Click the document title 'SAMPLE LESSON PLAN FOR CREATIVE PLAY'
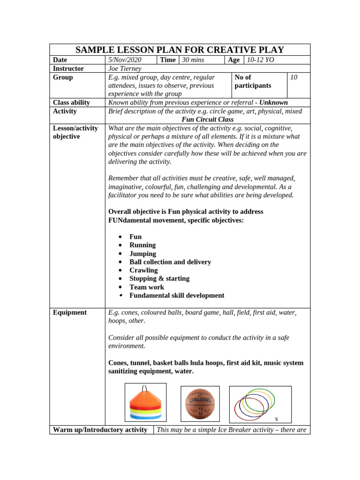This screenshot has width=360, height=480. pos(180,50)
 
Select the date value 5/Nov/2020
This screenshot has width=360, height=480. pos(124,60)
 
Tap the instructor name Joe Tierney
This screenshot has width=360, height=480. pos(125,68)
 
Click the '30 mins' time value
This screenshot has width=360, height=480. pos(193,60)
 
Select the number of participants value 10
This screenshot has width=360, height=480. pos(294,77)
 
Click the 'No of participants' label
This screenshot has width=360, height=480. pos(253,82)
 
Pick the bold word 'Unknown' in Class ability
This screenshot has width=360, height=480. pos(274,103)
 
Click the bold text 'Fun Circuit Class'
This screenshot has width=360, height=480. pos(207,120)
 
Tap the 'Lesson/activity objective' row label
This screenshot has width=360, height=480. pos(75,132)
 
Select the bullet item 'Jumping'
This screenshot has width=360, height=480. pos(142,254)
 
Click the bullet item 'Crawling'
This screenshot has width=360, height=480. pos(143,270)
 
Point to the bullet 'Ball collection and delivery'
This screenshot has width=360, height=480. pos(170,262)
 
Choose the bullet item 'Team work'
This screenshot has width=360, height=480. pos(147,287)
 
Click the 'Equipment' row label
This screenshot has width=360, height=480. pos(70,313)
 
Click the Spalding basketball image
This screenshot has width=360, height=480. pos(200,403)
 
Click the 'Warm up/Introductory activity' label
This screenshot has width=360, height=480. pos(100,430)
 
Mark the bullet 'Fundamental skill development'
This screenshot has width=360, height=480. pos(177,296)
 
